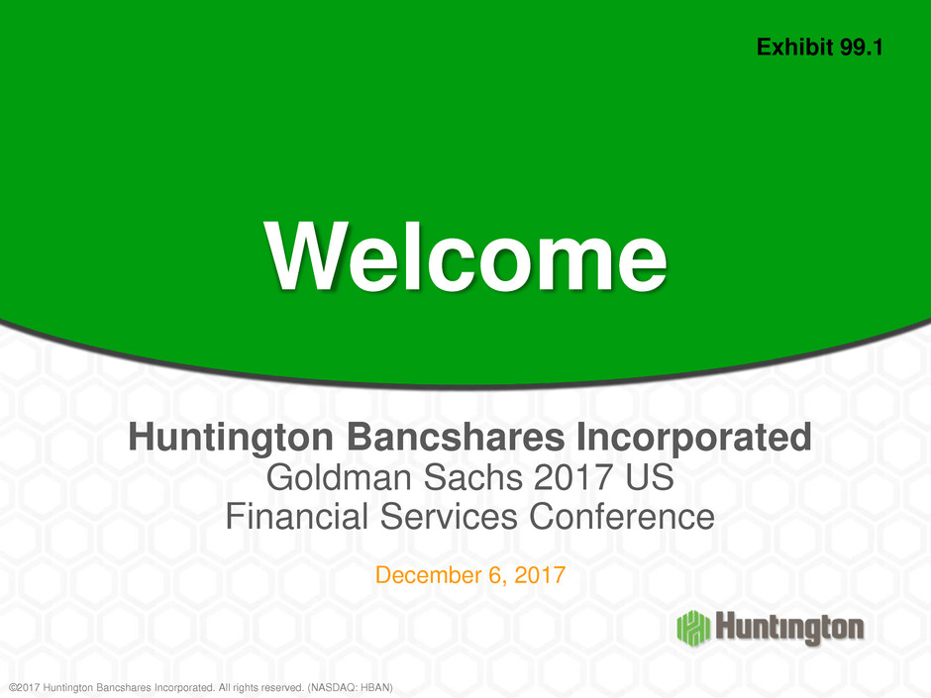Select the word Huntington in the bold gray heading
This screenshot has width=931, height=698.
pyautogui.click(x=231, y=438)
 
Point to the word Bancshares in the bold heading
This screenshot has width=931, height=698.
pyautogui.click(x=456, y=438)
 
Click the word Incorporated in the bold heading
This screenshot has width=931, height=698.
pyautogui.click(x=694, y=438)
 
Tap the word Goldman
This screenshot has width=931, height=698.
pyautogui.click(x=339, y=477)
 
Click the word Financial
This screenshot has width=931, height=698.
pyautogui.click(x=297, y=517)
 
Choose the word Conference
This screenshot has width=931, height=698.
pyautogui.click(x=622, y=517)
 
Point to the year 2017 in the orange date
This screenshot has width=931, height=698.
pyautogui.click(x=540, y=575)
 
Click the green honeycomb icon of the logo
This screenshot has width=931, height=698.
pyautogui.click(x=693, y=628)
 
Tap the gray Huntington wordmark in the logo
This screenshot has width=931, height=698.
pyautogui.click(x=789, y=629)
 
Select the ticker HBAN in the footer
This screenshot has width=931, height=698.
pyautogui.click(x=374, y=687)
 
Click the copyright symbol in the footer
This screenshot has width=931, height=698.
pyautogui.click(x=13, y=687)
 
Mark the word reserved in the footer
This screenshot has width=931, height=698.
pyautogui.click(x=282, y=687)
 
